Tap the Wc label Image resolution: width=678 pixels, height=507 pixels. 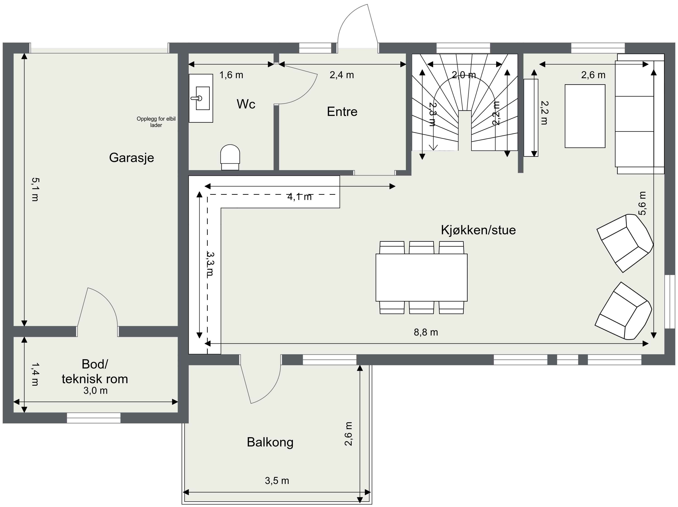[246, 104]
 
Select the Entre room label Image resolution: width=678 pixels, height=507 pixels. [342, 112]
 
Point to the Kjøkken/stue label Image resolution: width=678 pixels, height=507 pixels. [478, 230]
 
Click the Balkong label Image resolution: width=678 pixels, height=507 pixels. [270, 442]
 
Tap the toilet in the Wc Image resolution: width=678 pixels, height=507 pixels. [230, 157]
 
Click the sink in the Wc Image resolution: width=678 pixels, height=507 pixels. [201, 98]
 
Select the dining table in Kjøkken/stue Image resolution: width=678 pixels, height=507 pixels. [421, 277]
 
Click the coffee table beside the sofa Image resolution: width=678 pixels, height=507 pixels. [585, 116]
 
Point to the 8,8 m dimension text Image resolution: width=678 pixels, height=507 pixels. [426, 332]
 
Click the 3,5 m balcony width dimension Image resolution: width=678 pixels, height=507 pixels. [277, 481]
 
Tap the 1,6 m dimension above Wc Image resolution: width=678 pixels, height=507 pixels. [231, 75]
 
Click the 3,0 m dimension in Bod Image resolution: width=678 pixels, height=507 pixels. [95, 391]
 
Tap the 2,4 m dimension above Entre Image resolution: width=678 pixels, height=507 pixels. [342, 75]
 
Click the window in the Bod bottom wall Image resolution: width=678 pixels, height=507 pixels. [94, 418]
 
